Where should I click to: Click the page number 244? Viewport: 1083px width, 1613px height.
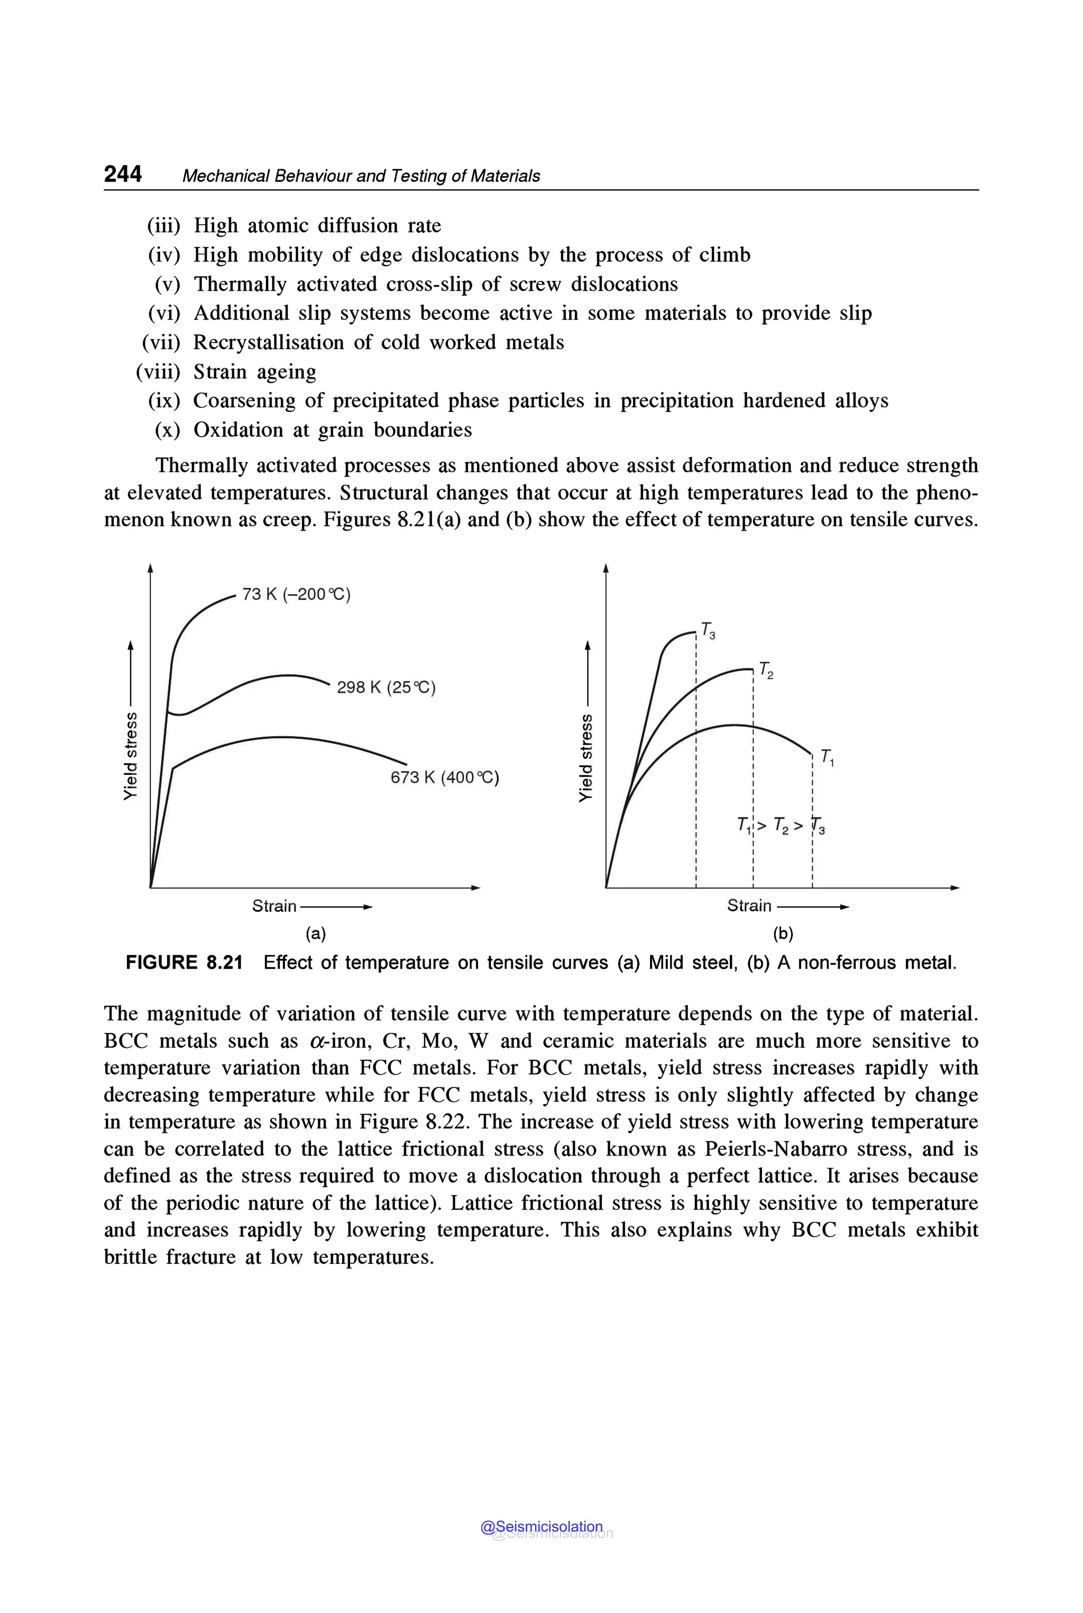pos(123,174)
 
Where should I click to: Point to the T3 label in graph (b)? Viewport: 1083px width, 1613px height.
pos(708,630)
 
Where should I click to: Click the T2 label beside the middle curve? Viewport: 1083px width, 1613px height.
pos(766,670)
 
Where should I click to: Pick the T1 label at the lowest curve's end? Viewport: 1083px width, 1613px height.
pos(828,757)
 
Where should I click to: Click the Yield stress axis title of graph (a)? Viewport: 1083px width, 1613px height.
pos(130,757)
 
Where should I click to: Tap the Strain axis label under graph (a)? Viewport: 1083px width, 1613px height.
pos(274,905)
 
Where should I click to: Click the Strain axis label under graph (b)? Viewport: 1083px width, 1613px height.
pos(749,905)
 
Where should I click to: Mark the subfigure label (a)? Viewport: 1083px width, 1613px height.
pos(316,934)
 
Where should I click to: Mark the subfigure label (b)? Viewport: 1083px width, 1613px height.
pos(783,934)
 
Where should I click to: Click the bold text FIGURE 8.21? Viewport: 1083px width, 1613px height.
pos(183,963)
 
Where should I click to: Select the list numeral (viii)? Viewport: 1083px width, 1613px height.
pos(158,372)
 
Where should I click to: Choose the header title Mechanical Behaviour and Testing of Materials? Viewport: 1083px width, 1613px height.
pos(361,176)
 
